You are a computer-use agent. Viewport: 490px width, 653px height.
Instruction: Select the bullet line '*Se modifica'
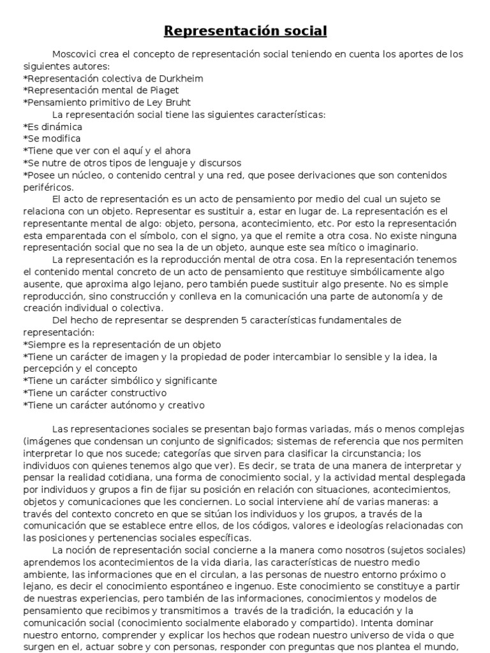[52, 138]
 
